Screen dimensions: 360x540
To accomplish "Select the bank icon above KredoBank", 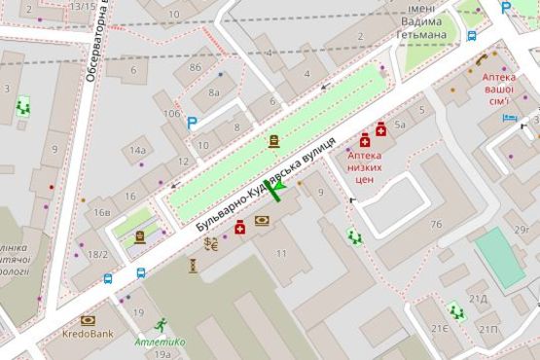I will pyautogui.click(x=89, y=319).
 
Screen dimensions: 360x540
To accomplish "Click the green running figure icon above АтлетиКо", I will pyautogui.click(x=160, y=323).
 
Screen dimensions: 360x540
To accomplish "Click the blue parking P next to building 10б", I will pyautogui.click(x=192, y=124).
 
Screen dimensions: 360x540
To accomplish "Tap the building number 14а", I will pyautogui.click(x=138, y=150).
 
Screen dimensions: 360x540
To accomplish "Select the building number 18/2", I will pyautogui.click(x=97, y=254).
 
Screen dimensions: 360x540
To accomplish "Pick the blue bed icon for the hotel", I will pyautogui.click(x=509, y=118).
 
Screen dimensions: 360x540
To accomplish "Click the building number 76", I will pyautogui.click(x=436, y=225).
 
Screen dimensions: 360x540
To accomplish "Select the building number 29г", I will pyautogui.click(x=526, y=229).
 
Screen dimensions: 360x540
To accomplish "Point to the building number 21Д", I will pyautogui.click(x=478, y=299).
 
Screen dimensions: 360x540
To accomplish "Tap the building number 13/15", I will pyautogui.click(x=83, y=6).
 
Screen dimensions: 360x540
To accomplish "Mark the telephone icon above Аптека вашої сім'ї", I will pyautogui.click(x=482, y=59).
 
